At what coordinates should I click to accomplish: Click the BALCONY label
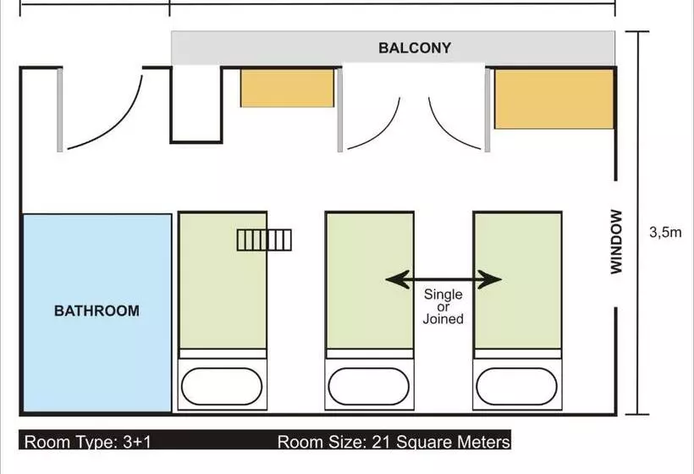point(415,47)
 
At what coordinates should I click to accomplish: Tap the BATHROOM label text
point(96,311)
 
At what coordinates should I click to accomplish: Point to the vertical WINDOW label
point(616,241)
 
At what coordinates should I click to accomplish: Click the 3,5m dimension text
point(665,233)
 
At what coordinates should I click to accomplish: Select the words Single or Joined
point(443,306)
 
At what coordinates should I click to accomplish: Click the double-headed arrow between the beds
point(443,279)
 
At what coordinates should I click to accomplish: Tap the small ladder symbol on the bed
point(264,240)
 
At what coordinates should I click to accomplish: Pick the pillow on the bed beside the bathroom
point(222,386)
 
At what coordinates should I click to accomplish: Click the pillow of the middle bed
point(369,386)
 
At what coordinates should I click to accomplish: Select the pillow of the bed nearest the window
point(516,386)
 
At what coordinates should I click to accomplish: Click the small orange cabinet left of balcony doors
point(287,88)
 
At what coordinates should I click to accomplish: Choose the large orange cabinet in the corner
point(554,99)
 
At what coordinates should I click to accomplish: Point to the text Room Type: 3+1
point(88,442)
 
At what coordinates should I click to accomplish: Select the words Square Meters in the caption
point(454,442)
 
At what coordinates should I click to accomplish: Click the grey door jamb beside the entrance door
point(60,109)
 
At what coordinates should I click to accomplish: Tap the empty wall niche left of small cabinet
point(196,104)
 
